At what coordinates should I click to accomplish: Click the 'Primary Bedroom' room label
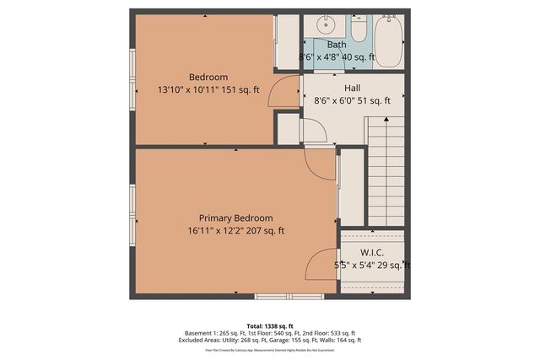click(x=236, y=217)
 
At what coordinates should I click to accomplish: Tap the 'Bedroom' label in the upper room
click(x=208, y=77)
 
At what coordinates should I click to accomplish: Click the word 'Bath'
click(x=337, y=45)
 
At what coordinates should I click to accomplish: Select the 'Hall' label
click(x=354, y=87)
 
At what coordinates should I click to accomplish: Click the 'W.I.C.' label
click(x=372, y=251)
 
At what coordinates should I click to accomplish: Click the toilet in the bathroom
click(x=358, y=31)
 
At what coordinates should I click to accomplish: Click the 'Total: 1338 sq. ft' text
click(x=270, y=325)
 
